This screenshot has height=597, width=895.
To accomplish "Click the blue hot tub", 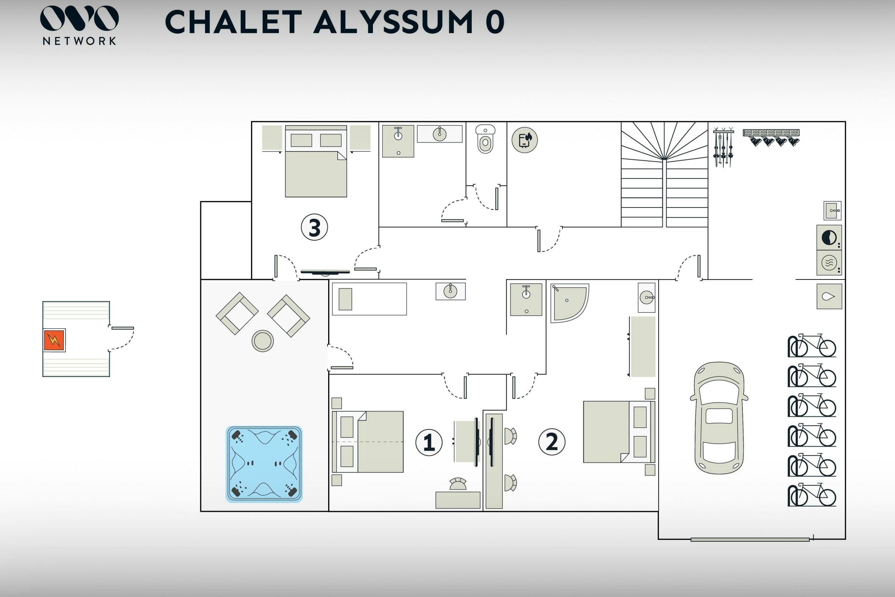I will tap(264, 464).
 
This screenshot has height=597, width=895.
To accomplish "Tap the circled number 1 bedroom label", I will tap(429, 443).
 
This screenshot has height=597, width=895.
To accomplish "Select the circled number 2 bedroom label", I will tap(552, 442).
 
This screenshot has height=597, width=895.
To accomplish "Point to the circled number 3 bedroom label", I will tap(314, 227).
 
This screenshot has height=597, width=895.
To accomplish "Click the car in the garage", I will tap(719, 418).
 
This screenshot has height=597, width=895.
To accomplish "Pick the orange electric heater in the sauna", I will tap(54, 340).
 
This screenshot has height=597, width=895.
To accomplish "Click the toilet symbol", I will tap(485, 139).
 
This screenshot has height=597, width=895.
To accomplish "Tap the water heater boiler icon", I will tap(524, 140).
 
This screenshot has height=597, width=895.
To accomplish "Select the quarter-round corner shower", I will tap(568, 302).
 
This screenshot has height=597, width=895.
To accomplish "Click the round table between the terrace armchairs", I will tap(263, 340).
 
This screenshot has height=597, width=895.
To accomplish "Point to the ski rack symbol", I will tap(723, 148).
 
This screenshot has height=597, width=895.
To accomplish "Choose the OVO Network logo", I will tap(79, 25).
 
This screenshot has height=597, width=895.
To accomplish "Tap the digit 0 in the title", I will tap(495, 22).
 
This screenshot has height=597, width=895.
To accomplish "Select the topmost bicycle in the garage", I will tap(812, 346).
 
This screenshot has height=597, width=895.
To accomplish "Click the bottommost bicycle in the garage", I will tap(812, 495).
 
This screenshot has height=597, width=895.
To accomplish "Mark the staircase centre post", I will tap(665, 193).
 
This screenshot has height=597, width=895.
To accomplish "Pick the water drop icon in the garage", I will tap(829, 296).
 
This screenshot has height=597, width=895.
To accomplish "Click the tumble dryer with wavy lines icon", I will tap(829, 262).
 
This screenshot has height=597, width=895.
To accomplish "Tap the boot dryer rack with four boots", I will tap(772, 137).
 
